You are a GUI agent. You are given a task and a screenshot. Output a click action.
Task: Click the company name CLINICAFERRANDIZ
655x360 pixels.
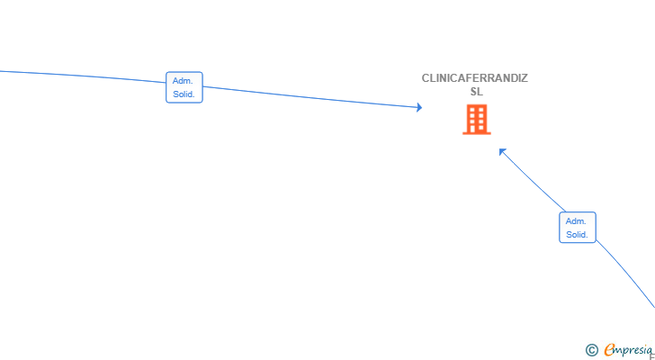tap(475, 78)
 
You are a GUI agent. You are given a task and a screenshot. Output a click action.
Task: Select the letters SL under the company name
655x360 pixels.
tap(477, 92)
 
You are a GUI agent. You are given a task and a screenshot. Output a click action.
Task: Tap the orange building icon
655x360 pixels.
tap(477, 120)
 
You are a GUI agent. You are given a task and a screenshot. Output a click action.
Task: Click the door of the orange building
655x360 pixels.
tap(477, 130)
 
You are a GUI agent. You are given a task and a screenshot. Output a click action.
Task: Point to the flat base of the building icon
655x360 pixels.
tap(477, 133)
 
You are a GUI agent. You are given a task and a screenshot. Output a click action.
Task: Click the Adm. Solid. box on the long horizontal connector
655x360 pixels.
tap(184, 87)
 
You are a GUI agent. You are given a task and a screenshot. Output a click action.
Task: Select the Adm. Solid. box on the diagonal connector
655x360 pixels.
tap(578, 227)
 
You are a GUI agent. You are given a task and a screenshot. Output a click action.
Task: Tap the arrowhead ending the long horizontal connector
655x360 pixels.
tap(419, 107)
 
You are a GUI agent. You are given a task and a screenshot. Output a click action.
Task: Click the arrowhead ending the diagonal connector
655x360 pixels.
tap(503, 151)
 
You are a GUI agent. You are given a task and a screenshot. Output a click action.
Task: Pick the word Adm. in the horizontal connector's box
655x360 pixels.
tap(183, 81)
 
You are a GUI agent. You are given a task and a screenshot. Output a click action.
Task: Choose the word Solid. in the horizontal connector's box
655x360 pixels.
tap(184, 94)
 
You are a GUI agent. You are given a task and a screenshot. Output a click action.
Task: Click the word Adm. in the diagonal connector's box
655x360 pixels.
tap(576, 220)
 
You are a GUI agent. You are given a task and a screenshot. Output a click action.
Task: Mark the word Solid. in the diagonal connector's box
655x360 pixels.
tap(577, 235)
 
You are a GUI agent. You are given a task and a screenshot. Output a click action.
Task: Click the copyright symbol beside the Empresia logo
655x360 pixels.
tap(591, 350)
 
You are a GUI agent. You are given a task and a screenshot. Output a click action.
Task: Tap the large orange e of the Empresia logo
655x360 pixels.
tap(610, 349)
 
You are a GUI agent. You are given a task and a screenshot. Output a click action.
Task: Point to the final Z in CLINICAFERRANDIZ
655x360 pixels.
tap(525, 78)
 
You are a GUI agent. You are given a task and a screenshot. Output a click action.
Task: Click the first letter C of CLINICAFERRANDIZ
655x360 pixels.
tap(426, 78)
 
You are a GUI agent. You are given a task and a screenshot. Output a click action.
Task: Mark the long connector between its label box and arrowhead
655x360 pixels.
tap(311, 97)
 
